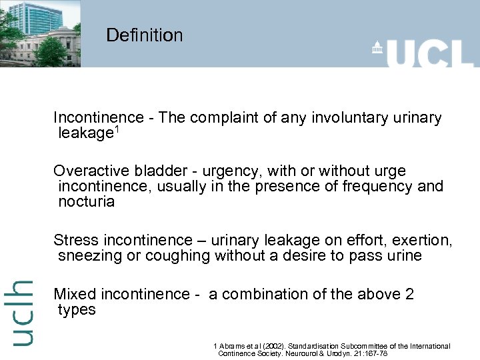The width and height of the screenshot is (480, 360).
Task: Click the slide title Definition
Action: point(144,35)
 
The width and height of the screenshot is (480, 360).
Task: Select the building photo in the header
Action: point(40,33)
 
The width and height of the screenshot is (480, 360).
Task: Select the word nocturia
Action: point(86,201)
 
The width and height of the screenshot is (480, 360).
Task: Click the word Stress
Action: point(75,240)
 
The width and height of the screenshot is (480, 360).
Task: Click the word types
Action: point(77,310)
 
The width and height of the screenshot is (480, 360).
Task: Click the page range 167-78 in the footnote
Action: point(373,353)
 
